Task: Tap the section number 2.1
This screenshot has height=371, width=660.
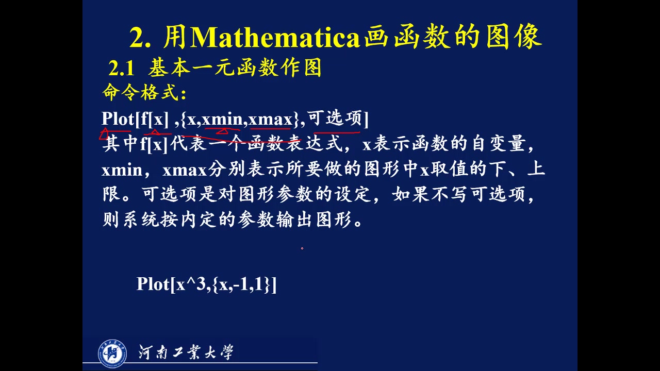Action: pos(121,68)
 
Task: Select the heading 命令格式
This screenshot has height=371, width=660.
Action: pos(144,93)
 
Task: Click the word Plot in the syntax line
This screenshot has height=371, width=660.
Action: pos(118,119)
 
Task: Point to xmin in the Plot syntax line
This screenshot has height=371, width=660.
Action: pos(222,120)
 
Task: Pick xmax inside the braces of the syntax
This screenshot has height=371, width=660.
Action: pos(270,120)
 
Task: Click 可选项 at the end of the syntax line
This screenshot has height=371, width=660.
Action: pos(335,119)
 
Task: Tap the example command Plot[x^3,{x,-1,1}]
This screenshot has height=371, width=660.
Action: pos(206,284)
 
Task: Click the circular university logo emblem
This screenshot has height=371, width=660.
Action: pos(112,353)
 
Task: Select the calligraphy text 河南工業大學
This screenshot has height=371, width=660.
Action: pos(186,352)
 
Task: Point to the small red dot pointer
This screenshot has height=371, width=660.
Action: pos(302,248)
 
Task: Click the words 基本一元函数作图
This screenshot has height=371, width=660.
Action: pos(235,68)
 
